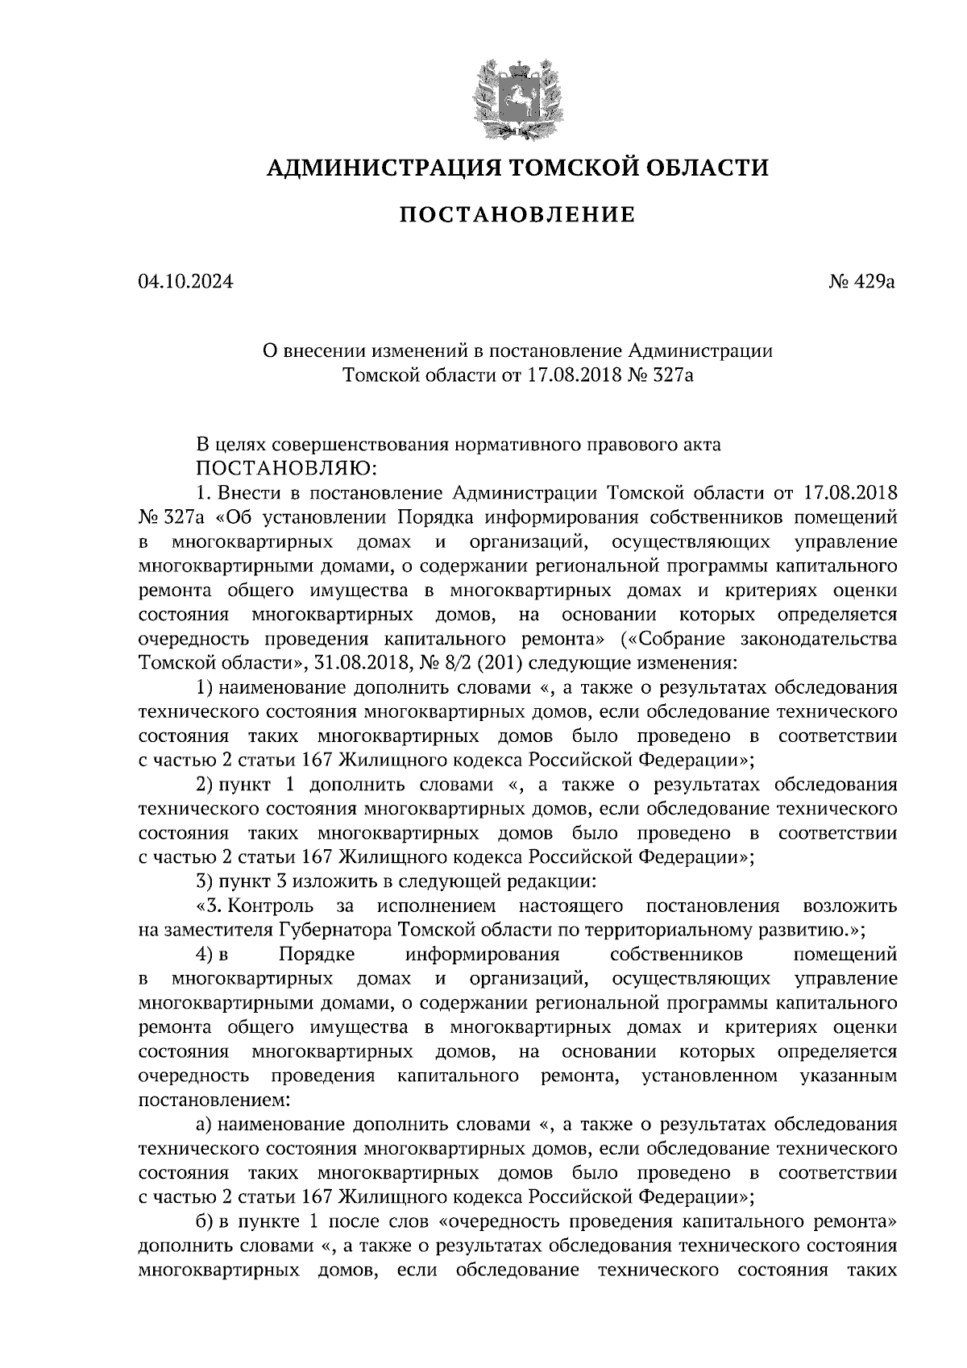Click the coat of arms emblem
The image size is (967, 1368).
click(x=516, y=97)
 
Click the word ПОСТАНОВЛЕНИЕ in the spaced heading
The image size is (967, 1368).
click(x=517, y=215)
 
